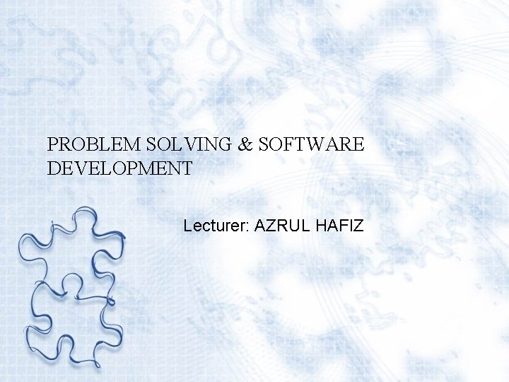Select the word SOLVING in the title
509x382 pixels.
pyautogui.click(x=182, y=145)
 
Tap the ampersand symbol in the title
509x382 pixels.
pyautogui.click(x=245, y=145)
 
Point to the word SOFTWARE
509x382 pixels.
pyautogui.click(x=312, y=145)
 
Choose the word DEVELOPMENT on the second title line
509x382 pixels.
pyautogui.click(x=119, y=169)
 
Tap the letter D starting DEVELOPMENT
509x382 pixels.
pyautogui.click(x=54, y=169)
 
